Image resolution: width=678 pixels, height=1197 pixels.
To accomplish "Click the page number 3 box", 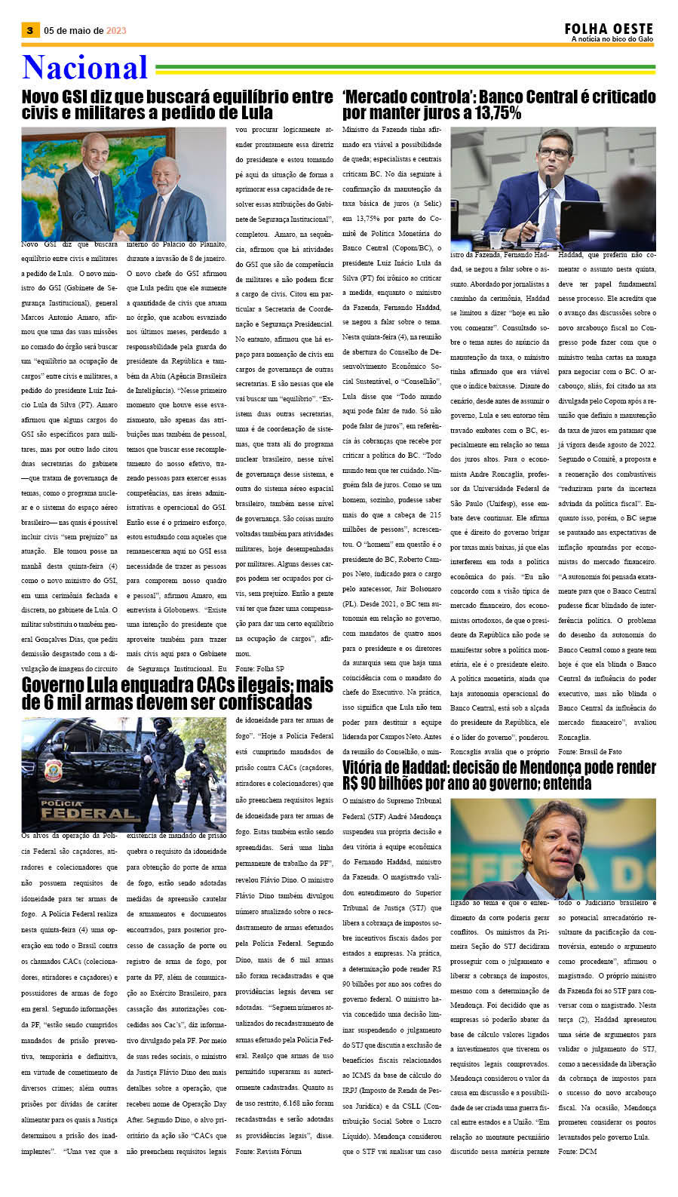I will pos(29,30).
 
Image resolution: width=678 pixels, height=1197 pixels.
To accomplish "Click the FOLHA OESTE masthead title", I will pos(608,29).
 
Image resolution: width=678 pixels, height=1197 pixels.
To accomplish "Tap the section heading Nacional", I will pos(84,68).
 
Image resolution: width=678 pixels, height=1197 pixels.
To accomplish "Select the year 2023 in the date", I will pos(116,31).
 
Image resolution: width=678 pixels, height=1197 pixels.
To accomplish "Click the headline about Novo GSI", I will pos(177,105).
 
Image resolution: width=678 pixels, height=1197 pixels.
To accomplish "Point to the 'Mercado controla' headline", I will pos(499,105).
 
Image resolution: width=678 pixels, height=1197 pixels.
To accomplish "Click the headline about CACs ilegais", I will pos(177,693).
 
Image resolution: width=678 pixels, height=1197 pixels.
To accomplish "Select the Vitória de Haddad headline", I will pos(499,775).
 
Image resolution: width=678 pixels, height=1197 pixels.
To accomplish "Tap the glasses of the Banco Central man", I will pos(554,153).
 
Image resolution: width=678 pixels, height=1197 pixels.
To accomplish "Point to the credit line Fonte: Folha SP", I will pos(259,668).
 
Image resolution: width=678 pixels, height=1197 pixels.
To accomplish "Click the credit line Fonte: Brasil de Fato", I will pos(590,751).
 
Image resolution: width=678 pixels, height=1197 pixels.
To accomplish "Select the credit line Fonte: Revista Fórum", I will pos(268,1151).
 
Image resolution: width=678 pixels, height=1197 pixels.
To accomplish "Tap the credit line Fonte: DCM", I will pos(577,1151).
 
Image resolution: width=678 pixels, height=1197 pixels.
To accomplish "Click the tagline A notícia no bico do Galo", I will pos(612,39).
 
